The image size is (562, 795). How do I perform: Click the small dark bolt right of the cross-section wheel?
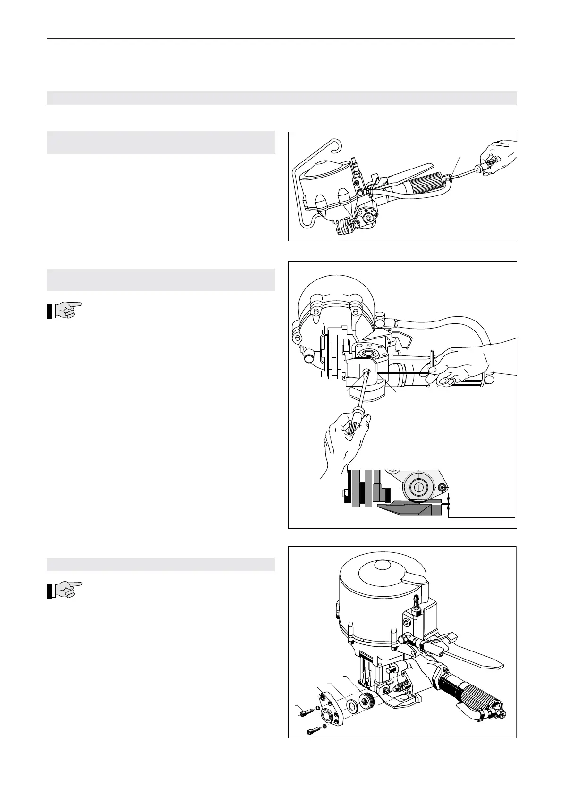pyautogui.click(x=443, y=487)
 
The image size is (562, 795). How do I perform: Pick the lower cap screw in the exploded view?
pyautogui.click(x=314, y=744)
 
